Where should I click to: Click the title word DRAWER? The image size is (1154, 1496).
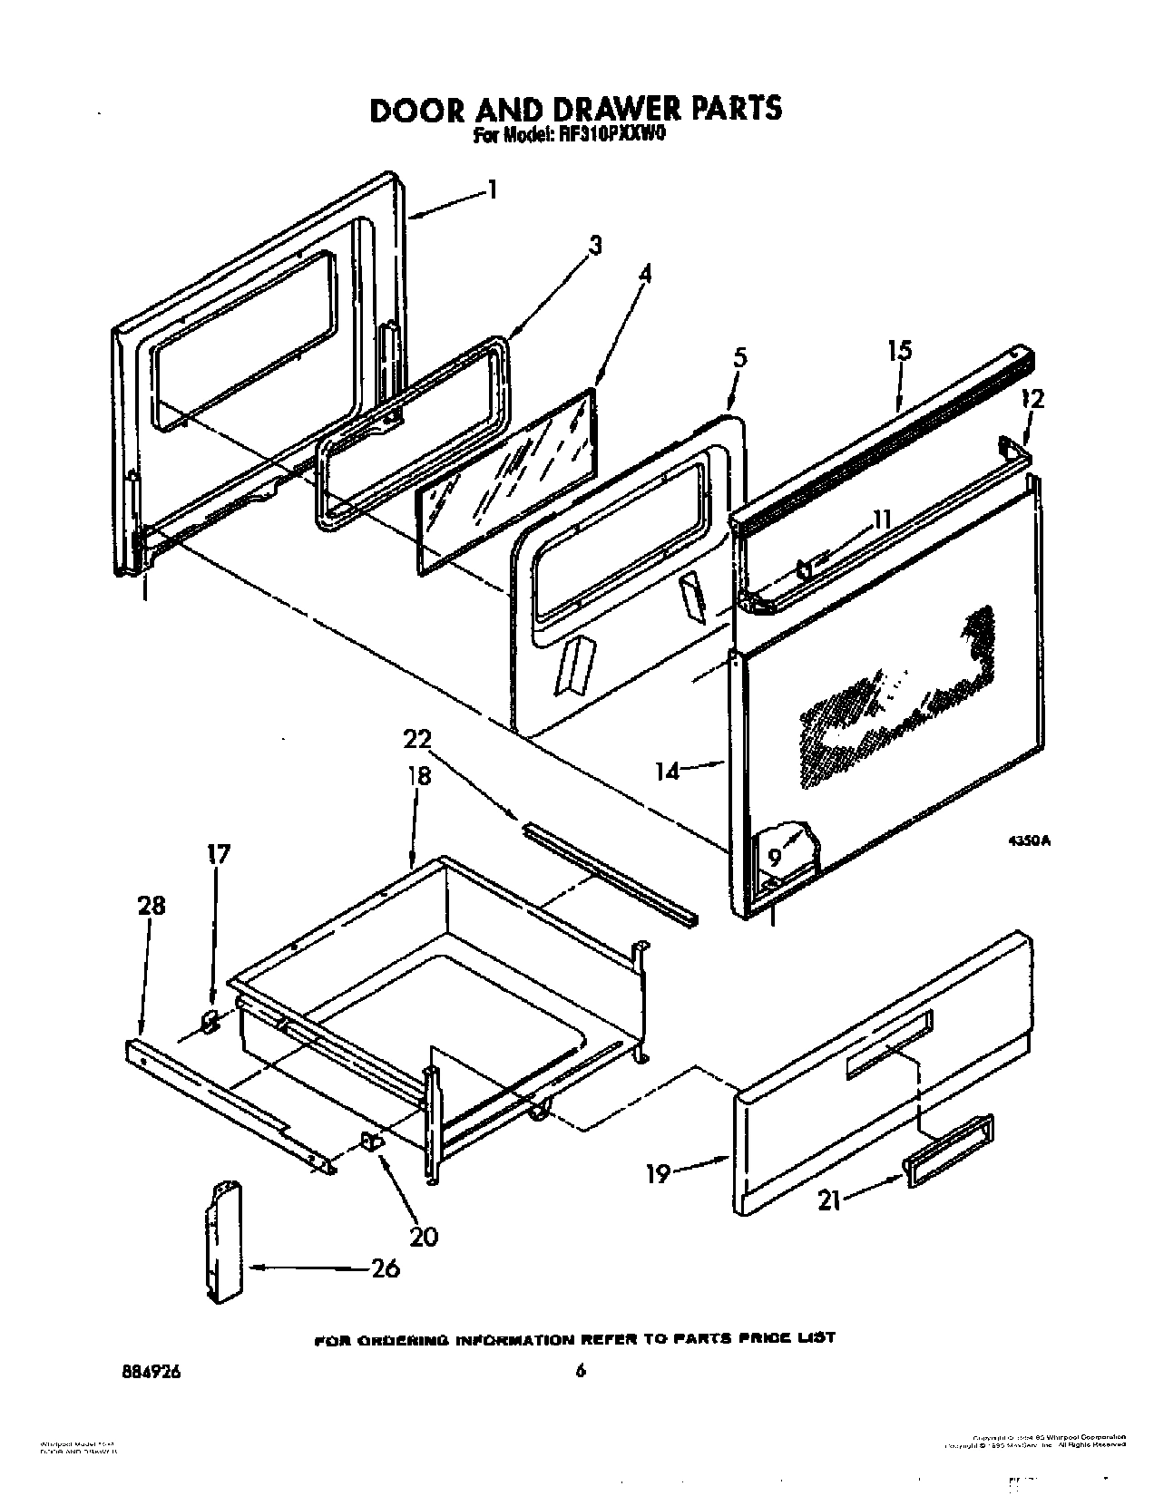(x=606, y=109)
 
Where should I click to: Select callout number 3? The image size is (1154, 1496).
(x=594, y=245)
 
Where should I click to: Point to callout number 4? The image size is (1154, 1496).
(x=643, y=273)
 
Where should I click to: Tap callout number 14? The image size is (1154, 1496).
(x=667, y=772)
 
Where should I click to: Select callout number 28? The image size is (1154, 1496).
(x=152, y=905)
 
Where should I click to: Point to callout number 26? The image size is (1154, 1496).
(x=386, y=1268)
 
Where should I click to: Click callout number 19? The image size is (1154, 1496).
(x=658, y=1174)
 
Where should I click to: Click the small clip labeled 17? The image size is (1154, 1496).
(x=209, y=1022)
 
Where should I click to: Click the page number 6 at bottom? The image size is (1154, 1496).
(x=581, y=1371)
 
